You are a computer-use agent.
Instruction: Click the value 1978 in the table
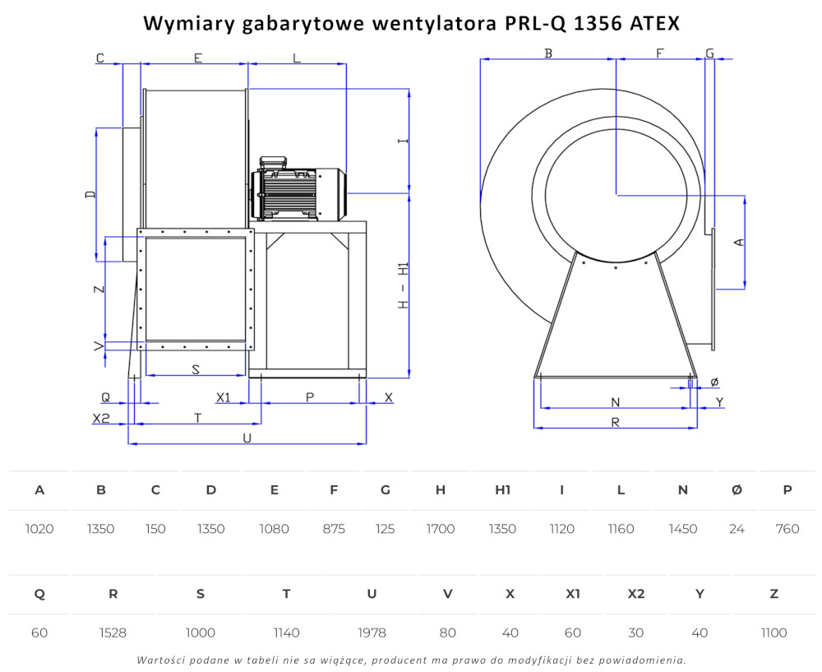coord(372,633)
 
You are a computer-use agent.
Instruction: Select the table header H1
coord(503,490)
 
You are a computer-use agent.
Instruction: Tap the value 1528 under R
coord(113,633)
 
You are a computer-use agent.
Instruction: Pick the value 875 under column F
coord(334,529)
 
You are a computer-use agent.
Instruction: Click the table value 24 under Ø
coord(737,529)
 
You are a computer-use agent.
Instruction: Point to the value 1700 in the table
coord(441,529)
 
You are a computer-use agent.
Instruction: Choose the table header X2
coord(636,594)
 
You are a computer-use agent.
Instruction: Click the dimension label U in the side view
coord(247,438)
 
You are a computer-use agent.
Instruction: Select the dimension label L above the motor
coord(297,58)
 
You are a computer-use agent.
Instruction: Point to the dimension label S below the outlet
coord(196,369)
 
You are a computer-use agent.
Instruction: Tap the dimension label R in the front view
coord(616,422)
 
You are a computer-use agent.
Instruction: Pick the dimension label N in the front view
coord(616,402)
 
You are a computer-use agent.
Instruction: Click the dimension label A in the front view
coord(739,242)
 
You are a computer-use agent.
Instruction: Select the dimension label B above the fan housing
coord(548,53)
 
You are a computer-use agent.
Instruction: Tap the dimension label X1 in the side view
coord(224,397)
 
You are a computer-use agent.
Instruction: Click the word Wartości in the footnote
coord(156,660)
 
